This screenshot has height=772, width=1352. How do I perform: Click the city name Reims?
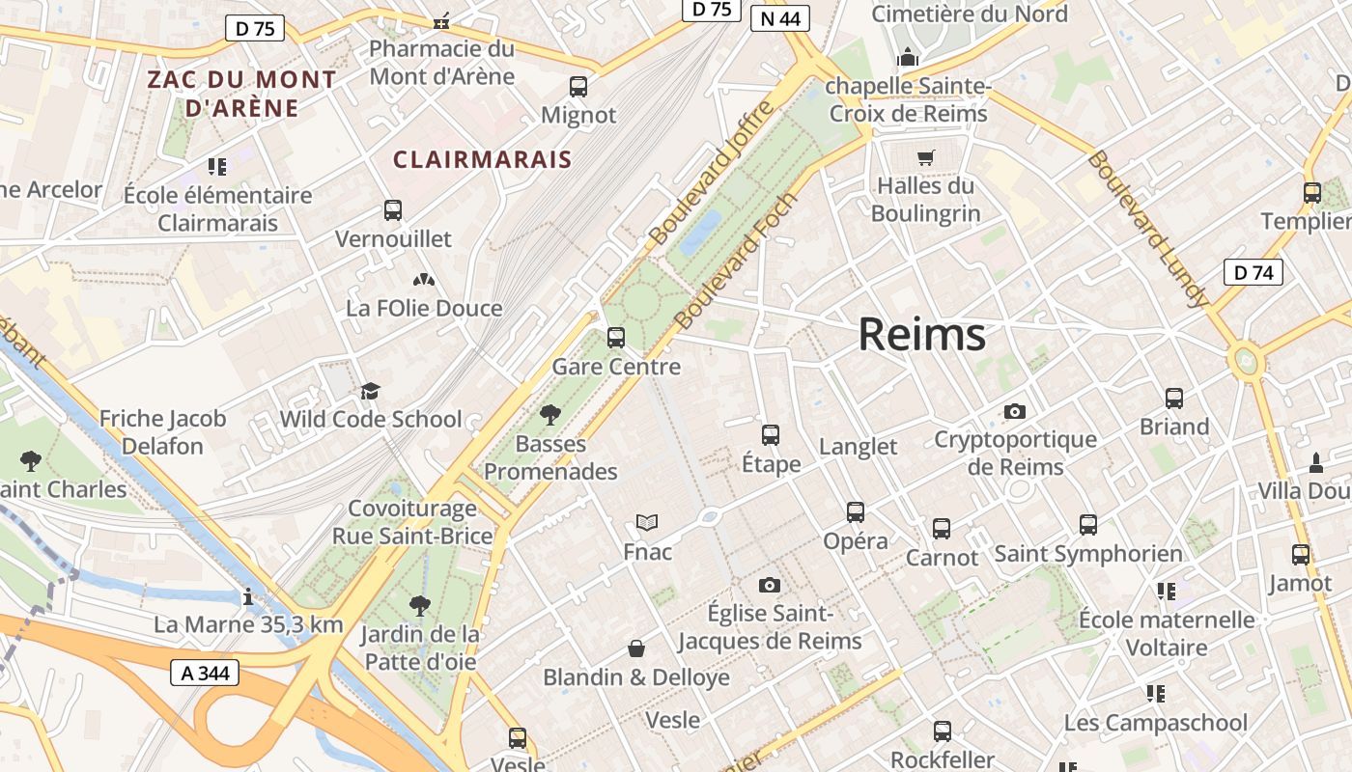[x=921, y=335]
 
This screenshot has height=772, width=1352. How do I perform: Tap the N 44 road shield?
[x=779, y=18]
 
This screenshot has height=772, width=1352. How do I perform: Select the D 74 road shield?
[x=1253, y=272]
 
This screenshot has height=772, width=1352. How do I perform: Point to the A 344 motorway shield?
[x=204, y=673]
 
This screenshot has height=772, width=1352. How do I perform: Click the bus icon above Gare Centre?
[x=615, y=338]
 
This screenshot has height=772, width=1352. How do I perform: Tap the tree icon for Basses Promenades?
[x=550, y=415]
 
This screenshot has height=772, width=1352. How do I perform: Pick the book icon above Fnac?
[x=647, y=523]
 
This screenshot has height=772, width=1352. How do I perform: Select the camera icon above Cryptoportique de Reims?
[x=1014, y=411]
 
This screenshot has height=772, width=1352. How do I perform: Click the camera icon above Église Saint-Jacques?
[x=770, y=585]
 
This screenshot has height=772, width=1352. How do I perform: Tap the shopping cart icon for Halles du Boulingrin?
[x=926, y=156]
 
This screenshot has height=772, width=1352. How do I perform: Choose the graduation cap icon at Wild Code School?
[x=370, y=391]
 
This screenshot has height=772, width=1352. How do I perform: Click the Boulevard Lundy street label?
[x=1146, y=228]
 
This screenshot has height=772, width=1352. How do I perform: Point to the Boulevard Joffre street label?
[x=712, y=172]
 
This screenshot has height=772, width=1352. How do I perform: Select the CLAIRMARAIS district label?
[x=482, y=159]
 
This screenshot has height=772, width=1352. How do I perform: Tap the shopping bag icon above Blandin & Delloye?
[x=636, y=648]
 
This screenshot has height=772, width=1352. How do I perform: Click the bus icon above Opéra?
[x=855, y=511]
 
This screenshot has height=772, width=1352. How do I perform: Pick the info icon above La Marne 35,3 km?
[x=248, y=596]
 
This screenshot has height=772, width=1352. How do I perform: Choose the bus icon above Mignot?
[x=577, y=87]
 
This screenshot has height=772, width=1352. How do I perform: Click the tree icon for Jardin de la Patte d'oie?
[x=419, y=606]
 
